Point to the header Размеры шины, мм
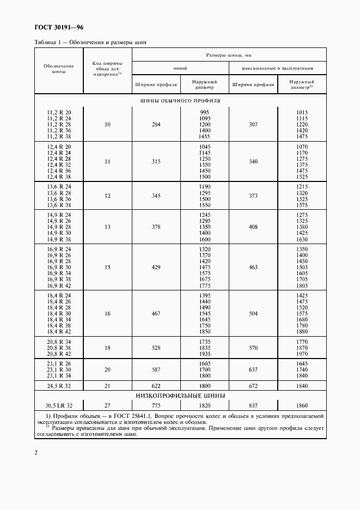[228, 55]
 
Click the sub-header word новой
[180, 69]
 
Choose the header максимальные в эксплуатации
[278, 69]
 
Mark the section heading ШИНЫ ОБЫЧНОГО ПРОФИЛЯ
[180, 101]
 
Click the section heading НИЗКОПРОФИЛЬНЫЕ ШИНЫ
[180, 396]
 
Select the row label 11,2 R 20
[59, 112]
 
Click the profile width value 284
[156, 125]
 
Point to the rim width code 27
[107, 405]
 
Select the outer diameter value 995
[205, 112]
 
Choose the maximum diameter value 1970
[302, 353]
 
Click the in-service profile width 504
[253, 314]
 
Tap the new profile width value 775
[156, 405]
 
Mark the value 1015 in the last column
[302, 112]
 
